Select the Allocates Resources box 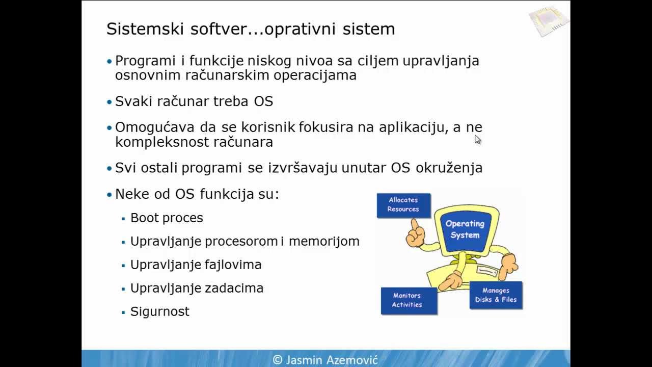pyautogui.click(x=403, y=205)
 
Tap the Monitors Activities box pyautogui.click(x=409, y=300)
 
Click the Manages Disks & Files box pyautogui.click(x=496, y=295)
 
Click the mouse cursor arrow pyautogui.click(x=477, y=140)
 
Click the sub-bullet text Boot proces pyautogui.click(x=167, y=218)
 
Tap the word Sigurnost pyautogui.click(x=159, y=311)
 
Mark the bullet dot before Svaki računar pyautogui.click(x=109, y=101)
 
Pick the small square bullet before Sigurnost pyautogui.click(x=123, y=312)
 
